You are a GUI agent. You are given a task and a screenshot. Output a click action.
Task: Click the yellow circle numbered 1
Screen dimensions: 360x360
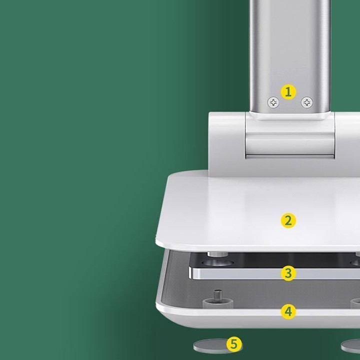(288, 92)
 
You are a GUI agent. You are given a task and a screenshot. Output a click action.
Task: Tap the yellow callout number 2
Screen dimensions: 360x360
(288, 220)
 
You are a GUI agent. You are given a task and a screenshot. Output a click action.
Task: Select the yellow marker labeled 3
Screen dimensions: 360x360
(288, 273)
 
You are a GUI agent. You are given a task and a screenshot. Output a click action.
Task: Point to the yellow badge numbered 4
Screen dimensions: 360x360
(288, 312)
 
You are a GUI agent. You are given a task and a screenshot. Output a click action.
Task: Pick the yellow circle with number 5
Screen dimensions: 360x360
(234, 344)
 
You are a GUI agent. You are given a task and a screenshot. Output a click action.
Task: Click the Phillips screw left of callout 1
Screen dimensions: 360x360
(273, 102)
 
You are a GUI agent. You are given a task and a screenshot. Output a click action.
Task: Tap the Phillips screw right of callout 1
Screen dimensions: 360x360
(306, 102)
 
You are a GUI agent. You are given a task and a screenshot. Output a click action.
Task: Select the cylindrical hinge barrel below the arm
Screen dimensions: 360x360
(290, 145)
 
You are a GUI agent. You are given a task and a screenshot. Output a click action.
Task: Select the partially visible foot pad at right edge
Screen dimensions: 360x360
(350, 346)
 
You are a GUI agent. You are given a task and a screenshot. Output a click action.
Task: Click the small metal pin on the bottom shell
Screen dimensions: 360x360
(218, 294)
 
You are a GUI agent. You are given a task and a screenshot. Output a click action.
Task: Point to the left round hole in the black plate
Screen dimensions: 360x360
(217, 262)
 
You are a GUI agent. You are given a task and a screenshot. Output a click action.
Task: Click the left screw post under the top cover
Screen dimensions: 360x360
(217, 254)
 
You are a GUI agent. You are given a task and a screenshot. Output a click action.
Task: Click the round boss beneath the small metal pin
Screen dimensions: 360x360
(218, 303)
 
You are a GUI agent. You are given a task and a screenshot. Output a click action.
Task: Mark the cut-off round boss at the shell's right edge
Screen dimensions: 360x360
(355, 303)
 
